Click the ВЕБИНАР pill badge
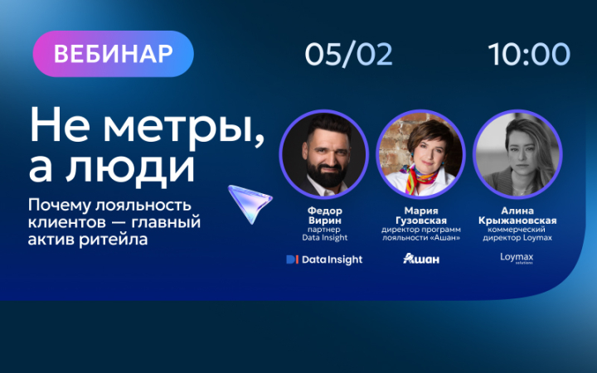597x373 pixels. pyautogui.click(x=113, y=54)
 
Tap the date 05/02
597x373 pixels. pyautogui.click(x=348, y=54)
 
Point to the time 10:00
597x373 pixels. pyautogui.click(x=529, y=54)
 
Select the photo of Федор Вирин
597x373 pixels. pyautogui.click(x=323, y=153)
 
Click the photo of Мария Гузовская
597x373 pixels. pyautogui.click(x=420, y=153)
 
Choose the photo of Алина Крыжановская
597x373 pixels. pyautogui.click(x=517, y=153)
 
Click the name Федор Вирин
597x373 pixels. pyautogui.click(x=323, y=216)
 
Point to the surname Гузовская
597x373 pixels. pyautogui.click(x=420, y=220)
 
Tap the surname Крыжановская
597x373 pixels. pyautogui.click(x=517, y=220)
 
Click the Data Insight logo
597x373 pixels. pyautogui.click(x=323, y=259)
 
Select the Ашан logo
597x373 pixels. pyautogui.click(x=420, y=259)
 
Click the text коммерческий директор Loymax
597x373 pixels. pyautogui.click(x=517, y=234)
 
